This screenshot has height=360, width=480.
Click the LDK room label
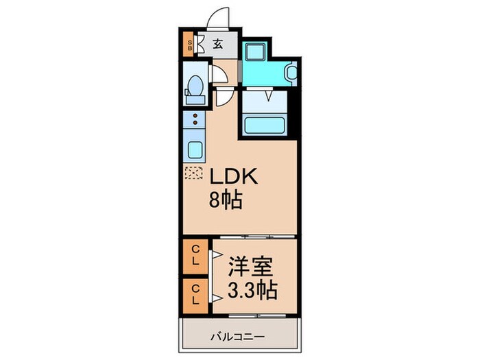[x=233, y=178]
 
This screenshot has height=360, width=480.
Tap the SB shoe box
[x=191, y=47]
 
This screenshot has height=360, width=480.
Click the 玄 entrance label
[x=217, y=45]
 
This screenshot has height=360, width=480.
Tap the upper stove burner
[x=195, y=115]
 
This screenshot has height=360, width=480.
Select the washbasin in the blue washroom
[x=291, y=71]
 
